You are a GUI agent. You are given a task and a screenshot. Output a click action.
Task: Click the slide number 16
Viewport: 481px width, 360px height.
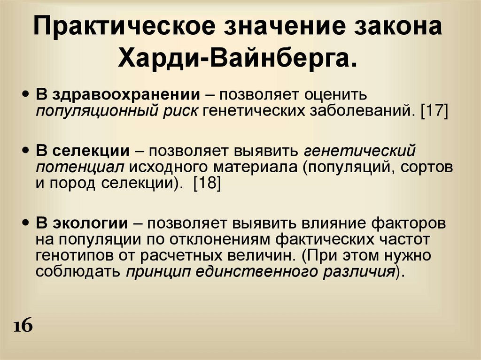click(x=23, y=326)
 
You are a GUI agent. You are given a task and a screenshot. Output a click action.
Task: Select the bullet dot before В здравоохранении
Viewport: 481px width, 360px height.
click(x=26, y=93)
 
